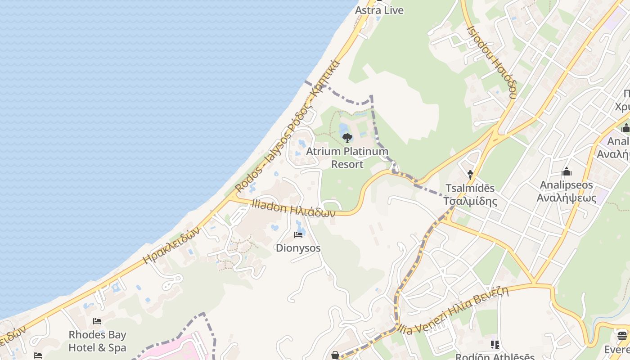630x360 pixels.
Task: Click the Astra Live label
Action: point(379,10)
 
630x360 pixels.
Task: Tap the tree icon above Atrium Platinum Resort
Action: point(347,138)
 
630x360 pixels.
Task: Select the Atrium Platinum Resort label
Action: point(347,158)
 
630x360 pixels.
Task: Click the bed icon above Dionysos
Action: point(298,234)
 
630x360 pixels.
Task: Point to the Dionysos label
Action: point(298,248)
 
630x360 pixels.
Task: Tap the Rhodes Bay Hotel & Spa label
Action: point(97,341)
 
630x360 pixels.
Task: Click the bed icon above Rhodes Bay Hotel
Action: point(97,321)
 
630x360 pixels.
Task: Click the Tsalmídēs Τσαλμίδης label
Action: point(470,194)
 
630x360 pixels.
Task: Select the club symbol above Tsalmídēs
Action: point(470,174)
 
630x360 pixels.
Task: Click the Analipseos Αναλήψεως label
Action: point(567,191)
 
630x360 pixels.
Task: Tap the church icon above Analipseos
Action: point(567,171)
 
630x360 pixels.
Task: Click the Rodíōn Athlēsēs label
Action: point(495,357)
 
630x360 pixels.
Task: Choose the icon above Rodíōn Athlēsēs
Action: point(495,345)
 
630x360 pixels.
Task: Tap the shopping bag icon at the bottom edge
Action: point(335,355)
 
